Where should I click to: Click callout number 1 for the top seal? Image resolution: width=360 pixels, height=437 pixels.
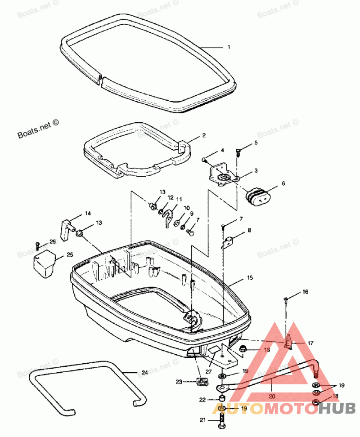(229, 47)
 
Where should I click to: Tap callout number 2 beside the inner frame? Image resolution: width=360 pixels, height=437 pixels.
(203, 135)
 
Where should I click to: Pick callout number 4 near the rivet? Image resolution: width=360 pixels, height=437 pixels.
(222, 150)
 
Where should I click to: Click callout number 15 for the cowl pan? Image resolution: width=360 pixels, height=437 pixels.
(250, 278)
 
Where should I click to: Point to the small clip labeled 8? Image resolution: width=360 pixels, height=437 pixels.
(229, 243)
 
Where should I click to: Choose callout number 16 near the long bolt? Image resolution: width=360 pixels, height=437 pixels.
(306, 292)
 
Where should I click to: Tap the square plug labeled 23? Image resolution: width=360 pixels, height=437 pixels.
(202, 383)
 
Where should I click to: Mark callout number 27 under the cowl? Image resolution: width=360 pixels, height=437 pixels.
(208, 372)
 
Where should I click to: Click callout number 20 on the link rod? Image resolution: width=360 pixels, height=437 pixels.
(271, 397)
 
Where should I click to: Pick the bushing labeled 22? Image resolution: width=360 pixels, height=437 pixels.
(222, 399)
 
